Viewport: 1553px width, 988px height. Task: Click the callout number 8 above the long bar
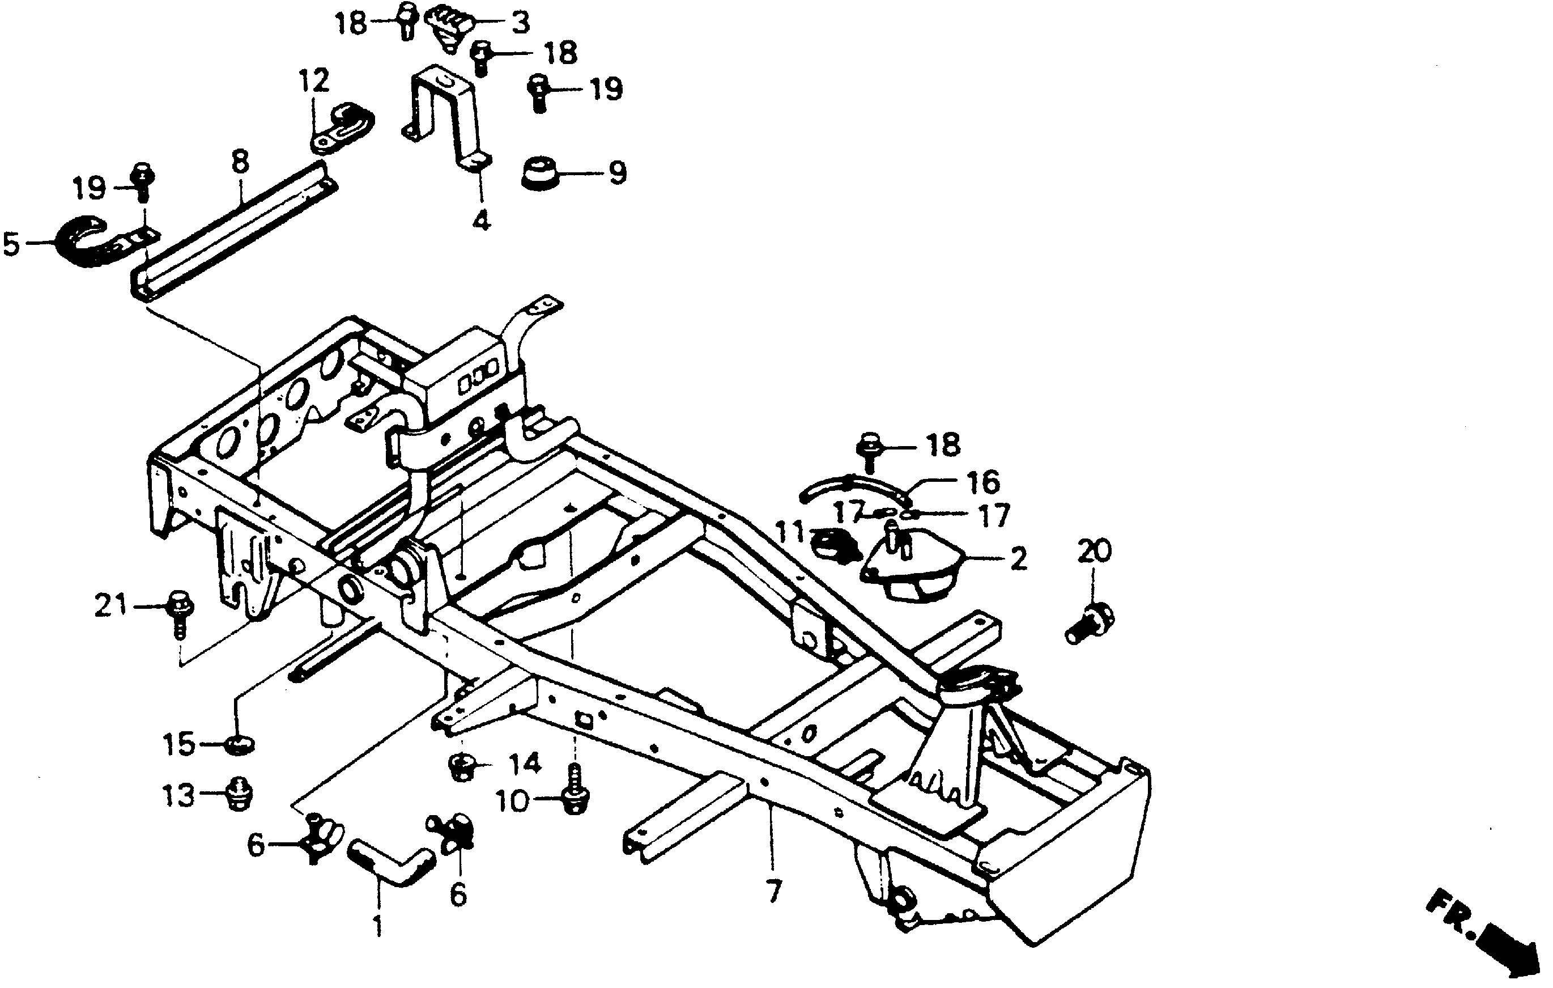(x=239, y=163)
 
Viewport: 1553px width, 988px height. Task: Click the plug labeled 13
(x=239, y=794)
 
